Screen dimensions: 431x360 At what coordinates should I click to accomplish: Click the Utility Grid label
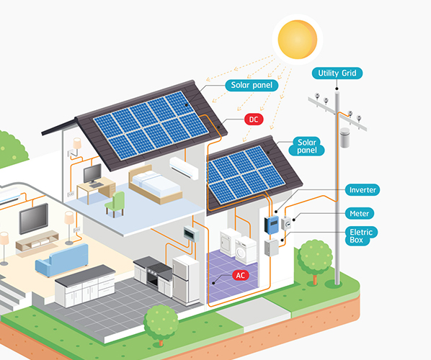coord(337,73)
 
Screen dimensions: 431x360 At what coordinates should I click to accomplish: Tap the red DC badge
coord(254,120)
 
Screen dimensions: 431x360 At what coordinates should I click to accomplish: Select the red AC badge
coord(241,276)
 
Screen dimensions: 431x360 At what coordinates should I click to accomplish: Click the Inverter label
coord(363,190)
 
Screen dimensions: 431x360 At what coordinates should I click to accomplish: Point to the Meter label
coord(359,213)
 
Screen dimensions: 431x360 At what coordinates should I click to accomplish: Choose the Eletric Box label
coord(361,236)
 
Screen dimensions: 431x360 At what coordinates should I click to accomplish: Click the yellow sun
coord(298,40)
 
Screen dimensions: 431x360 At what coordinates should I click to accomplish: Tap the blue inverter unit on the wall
coord(271,225)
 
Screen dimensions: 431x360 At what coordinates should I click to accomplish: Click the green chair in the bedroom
coord(115,204)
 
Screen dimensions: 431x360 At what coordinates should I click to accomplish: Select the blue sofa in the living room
coord(62,260)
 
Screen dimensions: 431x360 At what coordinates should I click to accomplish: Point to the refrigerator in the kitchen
coord(186,280)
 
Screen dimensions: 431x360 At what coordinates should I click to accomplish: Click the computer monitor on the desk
coord(92,174)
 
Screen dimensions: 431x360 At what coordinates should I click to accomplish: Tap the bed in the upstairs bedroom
coord(155,184)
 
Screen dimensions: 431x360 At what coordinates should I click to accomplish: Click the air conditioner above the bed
coord(184,168)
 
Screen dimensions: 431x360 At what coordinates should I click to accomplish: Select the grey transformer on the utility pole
coord(345,138)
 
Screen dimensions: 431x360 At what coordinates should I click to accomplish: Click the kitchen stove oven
coord(154,274)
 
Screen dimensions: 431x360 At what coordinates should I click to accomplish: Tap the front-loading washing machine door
coord(240,253)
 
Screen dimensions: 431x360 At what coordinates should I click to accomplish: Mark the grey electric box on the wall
coord(272,248)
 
